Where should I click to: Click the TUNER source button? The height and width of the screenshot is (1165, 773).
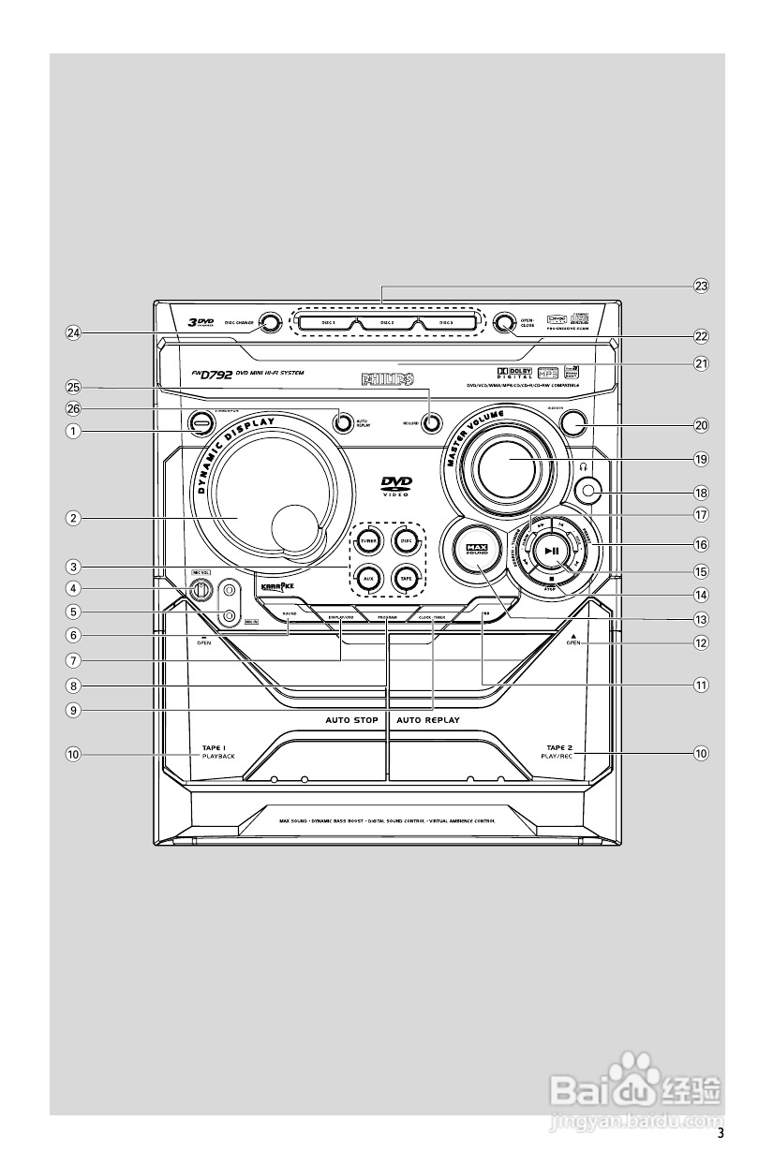click(x=367, y=541)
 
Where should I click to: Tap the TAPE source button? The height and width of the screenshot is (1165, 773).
click(x=406, y=578)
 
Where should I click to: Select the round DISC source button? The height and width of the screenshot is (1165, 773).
click(x=406, y=541)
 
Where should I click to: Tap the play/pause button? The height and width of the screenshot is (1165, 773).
click(x=553, y=552)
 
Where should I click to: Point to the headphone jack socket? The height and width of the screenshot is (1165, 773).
click(x=588, y=488)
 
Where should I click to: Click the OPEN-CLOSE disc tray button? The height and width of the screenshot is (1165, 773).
click(x=504, y=323)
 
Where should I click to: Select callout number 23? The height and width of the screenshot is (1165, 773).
click(x=700, y=287)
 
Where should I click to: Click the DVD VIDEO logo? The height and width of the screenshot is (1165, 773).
click(x=395, y=485)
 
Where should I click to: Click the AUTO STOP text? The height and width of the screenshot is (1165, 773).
click(x=351, y=720)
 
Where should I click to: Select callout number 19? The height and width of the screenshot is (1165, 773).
click(x=700, y=460)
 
